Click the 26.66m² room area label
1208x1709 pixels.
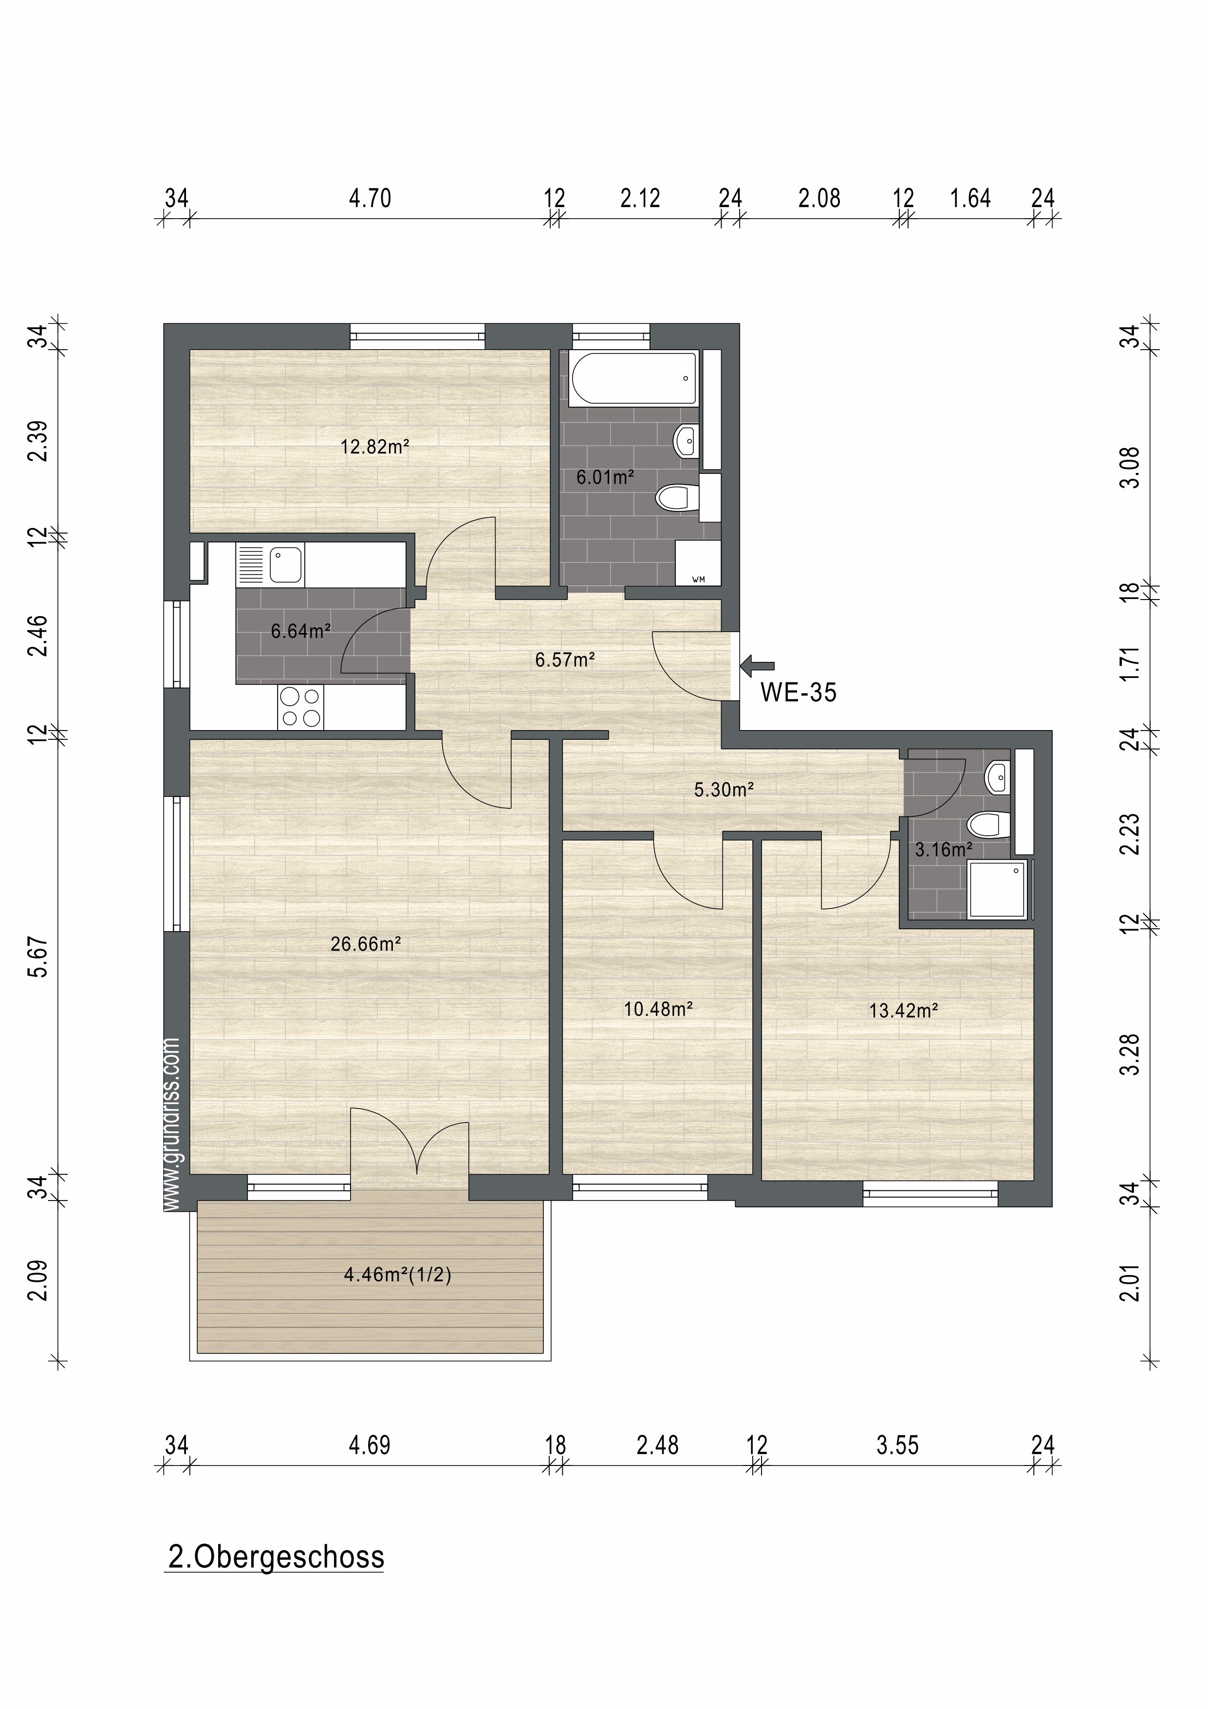(366, 944)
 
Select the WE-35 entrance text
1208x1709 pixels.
(799, 693)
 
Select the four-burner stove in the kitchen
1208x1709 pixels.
(301, 707)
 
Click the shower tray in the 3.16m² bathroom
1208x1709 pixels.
(997, 889)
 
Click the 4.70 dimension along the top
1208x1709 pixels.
(370, 198)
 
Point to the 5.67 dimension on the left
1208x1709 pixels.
(38, 957)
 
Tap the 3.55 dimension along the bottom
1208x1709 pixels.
(898, 1446)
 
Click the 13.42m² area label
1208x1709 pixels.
(904, 1010)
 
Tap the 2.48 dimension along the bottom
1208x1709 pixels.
(657, 1446)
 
